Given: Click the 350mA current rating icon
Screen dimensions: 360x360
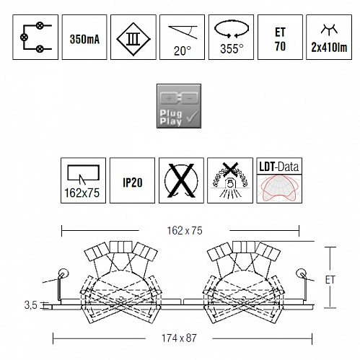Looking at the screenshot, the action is click(84, 37).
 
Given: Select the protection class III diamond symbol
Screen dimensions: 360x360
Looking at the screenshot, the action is click(133, 39).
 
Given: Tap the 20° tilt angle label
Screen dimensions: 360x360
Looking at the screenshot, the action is click(183, 51).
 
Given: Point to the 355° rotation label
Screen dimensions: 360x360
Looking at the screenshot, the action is click(232, 49).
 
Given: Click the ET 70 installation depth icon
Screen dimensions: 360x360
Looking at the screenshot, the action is click(280, 37).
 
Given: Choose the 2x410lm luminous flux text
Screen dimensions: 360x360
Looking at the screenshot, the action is click(329, 47).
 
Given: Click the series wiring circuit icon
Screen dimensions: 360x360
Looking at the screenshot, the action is click(35, 37).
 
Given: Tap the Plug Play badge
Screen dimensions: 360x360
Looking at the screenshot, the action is click(179, 106).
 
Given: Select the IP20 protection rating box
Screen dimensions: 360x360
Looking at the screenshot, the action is click(132, 180).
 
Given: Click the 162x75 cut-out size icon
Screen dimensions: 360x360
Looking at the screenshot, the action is click(83, 180).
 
